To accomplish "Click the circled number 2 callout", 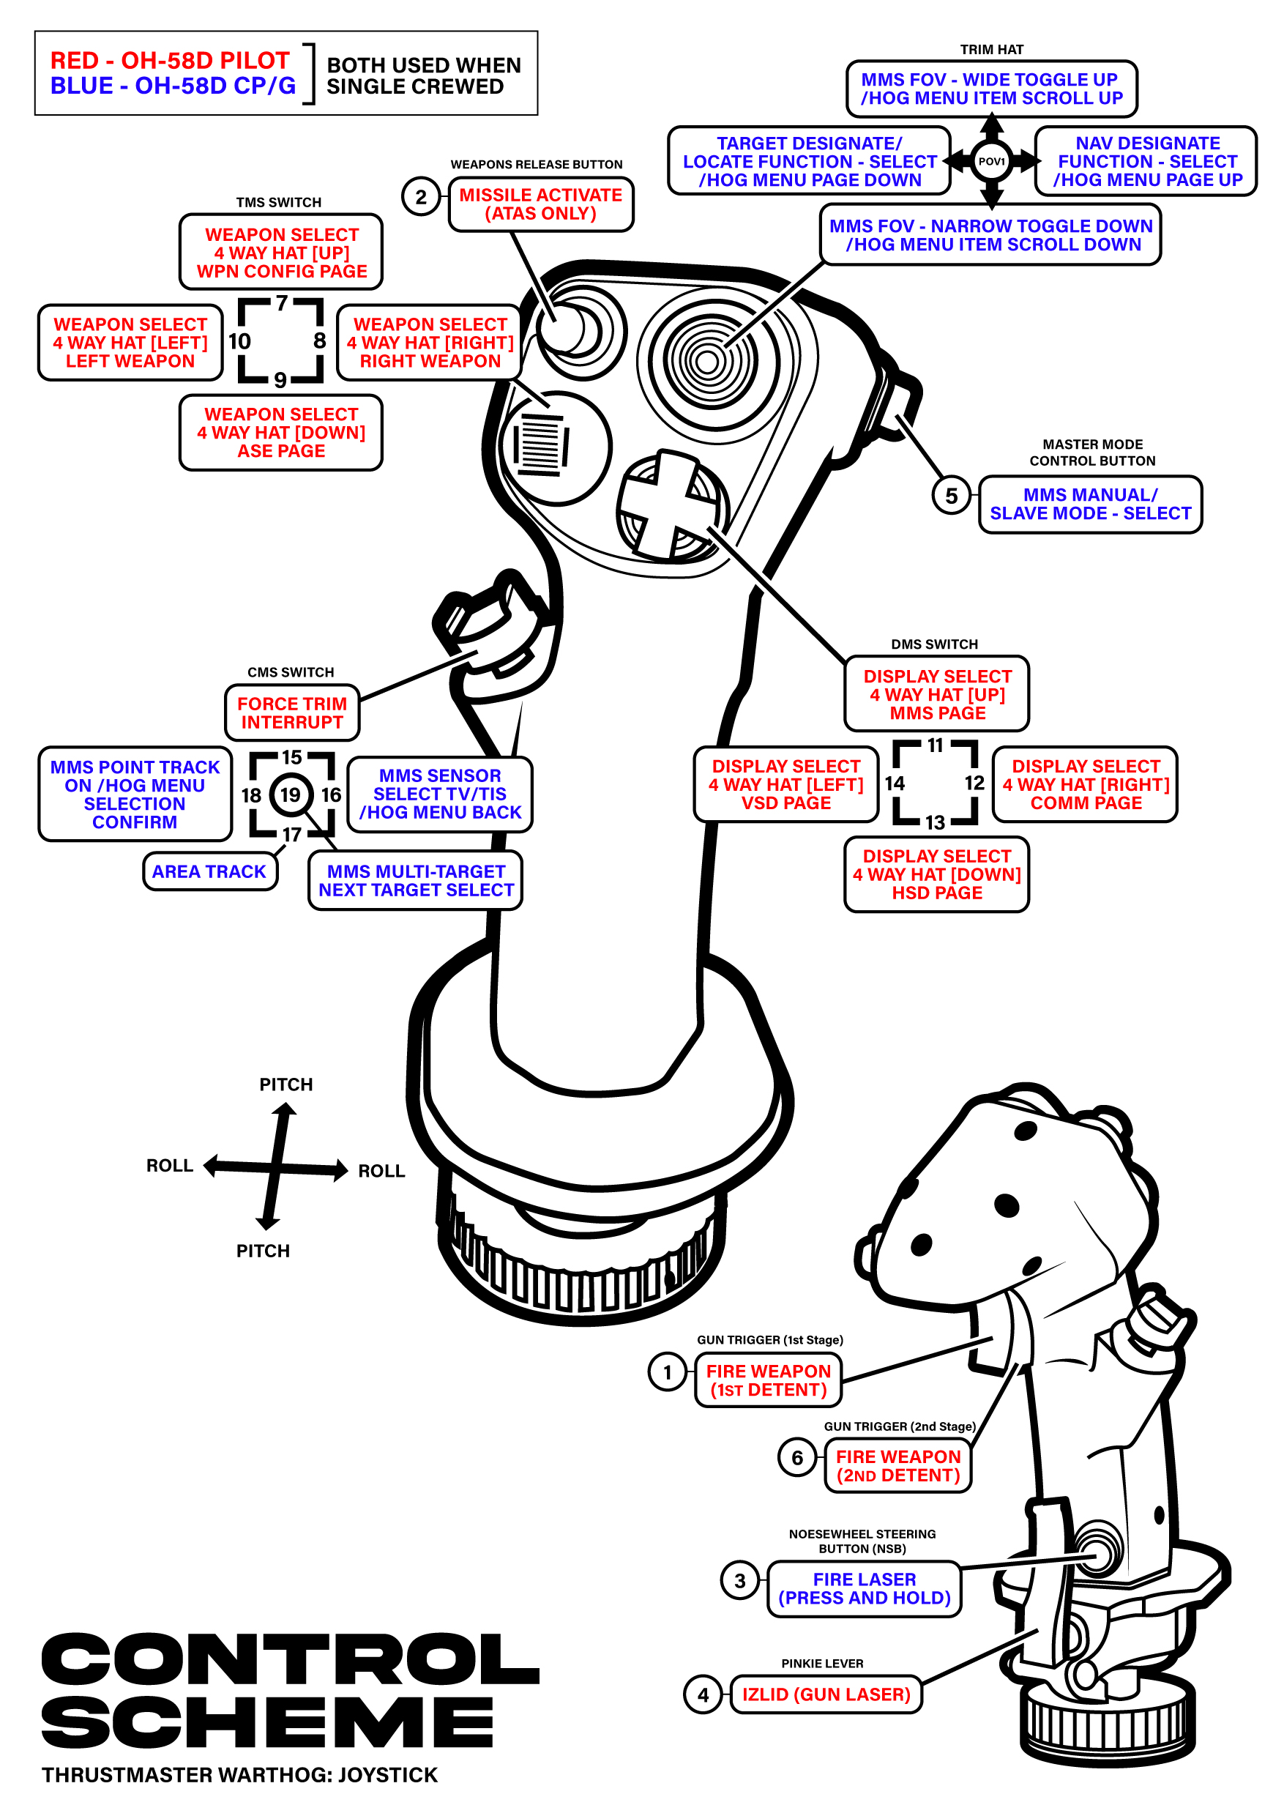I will pos(421,197).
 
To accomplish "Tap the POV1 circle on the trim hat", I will pos(990,161).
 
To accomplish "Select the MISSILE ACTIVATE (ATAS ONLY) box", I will pos(541,204).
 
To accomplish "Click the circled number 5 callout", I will pos(951,496).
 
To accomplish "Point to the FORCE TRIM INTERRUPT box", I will pos(292,712).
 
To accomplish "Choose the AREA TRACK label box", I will pos(209,871).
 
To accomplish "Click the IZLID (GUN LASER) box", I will pos(826,1694).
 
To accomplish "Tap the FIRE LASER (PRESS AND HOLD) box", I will pos(864,1588).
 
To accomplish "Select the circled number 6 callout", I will pos(797,1458).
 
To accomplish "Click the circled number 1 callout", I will pos(668,1372).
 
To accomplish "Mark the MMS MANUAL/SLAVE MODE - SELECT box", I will pos(1089,504).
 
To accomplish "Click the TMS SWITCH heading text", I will pos(278,203).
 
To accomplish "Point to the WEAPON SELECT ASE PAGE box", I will pos(280,433).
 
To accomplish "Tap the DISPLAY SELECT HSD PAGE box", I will pos(936,874).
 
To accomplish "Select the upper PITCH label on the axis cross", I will pos(286,1084).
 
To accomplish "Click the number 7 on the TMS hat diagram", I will pos(281,304).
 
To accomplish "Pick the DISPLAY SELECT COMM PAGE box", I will pos(1085,784).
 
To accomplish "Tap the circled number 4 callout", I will pos(703,1694).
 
